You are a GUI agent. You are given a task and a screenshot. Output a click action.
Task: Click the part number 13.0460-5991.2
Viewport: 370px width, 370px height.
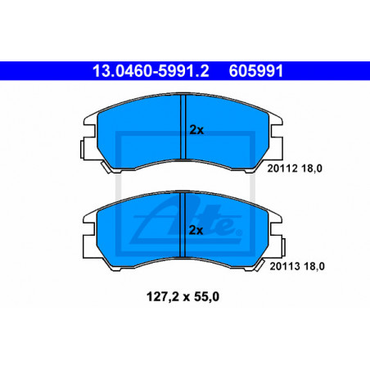151,71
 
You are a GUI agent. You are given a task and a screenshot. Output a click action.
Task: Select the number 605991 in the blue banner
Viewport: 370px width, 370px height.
256,71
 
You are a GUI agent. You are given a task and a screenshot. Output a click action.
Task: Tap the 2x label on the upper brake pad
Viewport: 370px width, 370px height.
196,130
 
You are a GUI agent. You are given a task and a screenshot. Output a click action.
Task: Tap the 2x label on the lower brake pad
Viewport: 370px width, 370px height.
196,231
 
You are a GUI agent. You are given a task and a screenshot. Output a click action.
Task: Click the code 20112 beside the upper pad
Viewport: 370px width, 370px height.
282,169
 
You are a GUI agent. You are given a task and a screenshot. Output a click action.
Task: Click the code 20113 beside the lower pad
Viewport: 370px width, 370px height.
285,266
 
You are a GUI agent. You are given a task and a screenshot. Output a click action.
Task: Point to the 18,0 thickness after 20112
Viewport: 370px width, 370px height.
312,169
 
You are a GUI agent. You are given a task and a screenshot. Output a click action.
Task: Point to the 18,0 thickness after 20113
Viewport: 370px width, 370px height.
314,267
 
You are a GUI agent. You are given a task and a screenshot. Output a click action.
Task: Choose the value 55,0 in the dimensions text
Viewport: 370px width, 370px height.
207,297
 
